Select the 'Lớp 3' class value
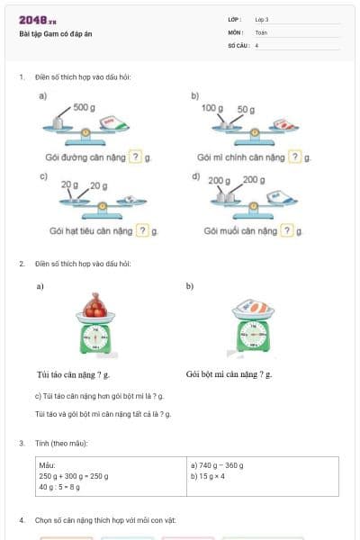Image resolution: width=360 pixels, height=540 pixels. pos(262,19)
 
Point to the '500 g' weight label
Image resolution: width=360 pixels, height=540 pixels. pos(85,107)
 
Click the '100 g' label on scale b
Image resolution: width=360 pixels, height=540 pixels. pos(211,108)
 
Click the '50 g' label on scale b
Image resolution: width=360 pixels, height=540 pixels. pos(246,109)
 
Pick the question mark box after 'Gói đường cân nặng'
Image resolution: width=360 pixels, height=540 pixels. pos(135,157)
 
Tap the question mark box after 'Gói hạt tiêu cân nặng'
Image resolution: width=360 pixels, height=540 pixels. pos(142,230)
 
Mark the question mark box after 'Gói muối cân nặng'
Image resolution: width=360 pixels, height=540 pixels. pos(287,230)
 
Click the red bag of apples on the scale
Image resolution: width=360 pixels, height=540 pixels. pos(94,308)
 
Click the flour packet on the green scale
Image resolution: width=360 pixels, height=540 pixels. pos(254,308)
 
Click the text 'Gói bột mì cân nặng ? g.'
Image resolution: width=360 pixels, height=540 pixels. pos(229,373)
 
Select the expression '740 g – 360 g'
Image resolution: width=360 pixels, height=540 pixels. pos(218,465)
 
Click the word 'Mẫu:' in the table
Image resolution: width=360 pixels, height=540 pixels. pos(48,465)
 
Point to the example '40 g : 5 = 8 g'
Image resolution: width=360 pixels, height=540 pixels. pos(59,487)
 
